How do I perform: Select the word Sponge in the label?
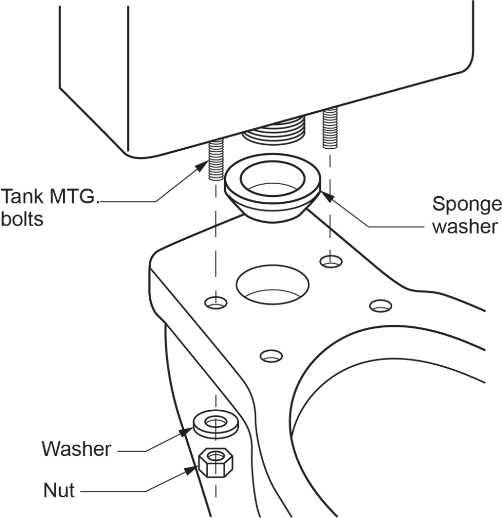(x=467, y=205)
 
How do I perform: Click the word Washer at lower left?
(x=76, y=448)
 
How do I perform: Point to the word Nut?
(x=59, y=490)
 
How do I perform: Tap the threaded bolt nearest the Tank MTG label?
(x=216, y=159)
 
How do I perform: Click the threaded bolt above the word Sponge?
(x=330, y=129)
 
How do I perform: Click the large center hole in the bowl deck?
(x=272, y=283)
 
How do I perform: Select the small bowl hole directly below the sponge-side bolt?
(x=330, y=262)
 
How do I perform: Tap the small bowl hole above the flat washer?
(x=216, y=303)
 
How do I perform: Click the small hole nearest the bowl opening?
(x=381, y=306)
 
